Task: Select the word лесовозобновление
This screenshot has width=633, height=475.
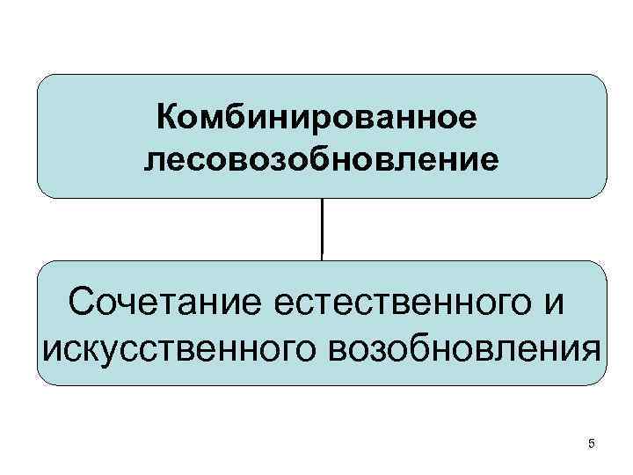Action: point(322,159)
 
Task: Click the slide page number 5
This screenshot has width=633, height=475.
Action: point(592,443)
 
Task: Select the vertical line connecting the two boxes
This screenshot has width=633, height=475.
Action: point(323,228)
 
